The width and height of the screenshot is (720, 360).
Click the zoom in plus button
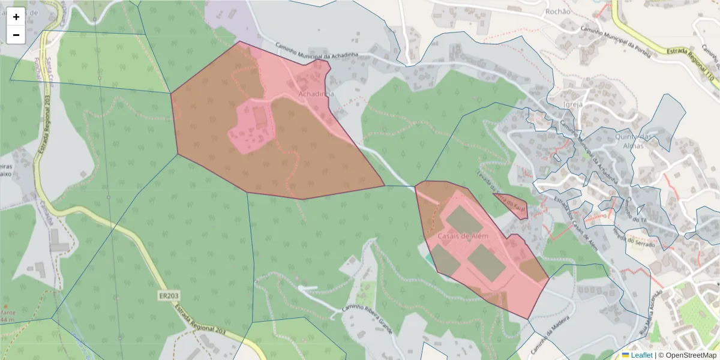point(16,17)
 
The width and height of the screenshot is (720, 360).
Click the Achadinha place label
point(316,94)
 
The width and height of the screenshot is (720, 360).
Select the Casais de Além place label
point(463,236)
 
